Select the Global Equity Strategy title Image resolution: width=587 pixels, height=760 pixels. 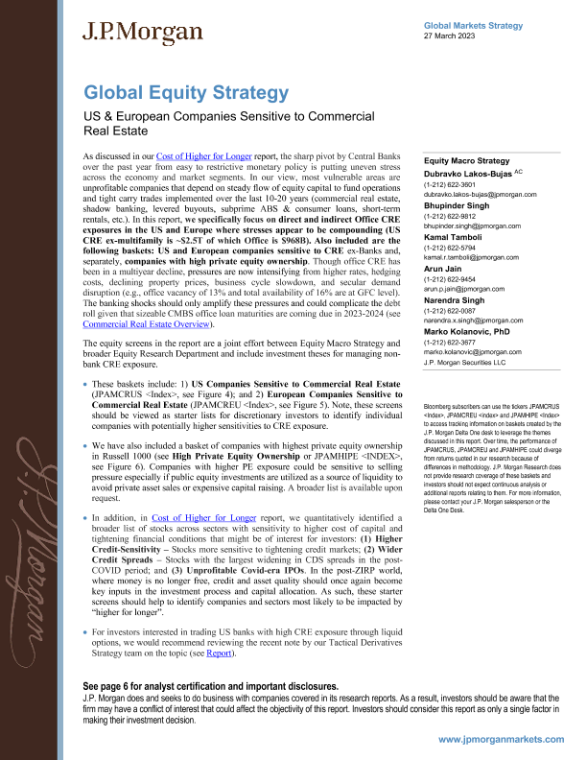coord(186,93)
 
